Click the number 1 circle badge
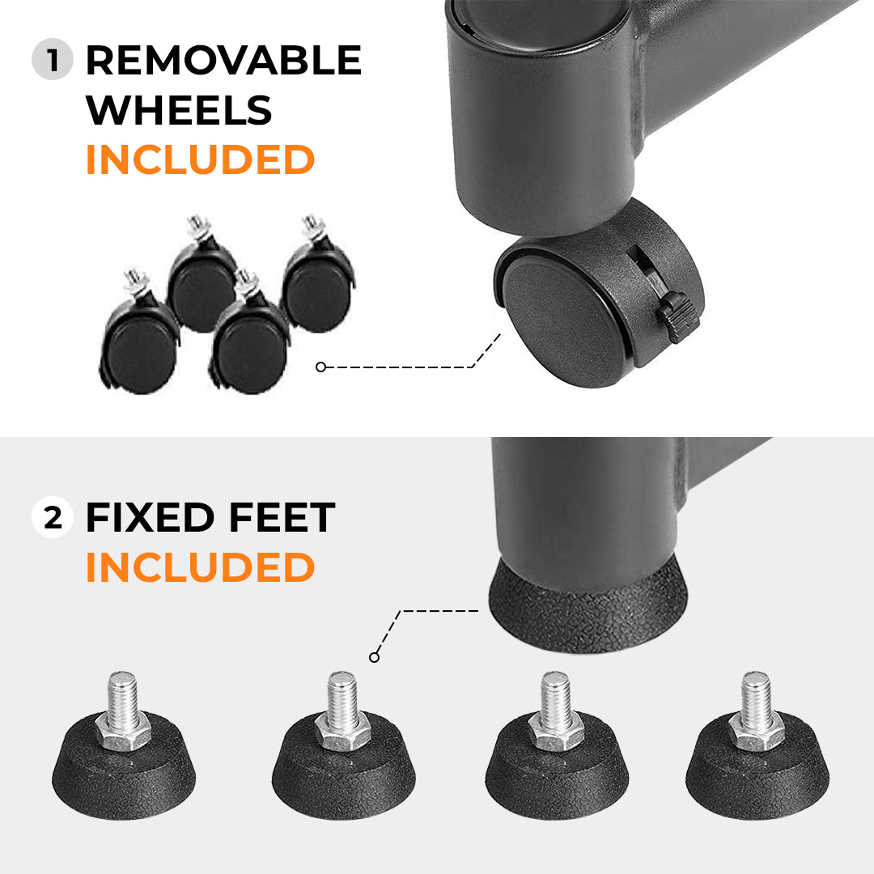click(53, 61)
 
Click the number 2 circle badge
click(53, 519)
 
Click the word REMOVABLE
click(223, 61)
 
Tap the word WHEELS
click(179, 110)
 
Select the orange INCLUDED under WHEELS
click(200, 159)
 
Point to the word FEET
click(280, 519)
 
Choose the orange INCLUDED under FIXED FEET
click(200, 567)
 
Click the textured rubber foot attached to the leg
click(588, 607)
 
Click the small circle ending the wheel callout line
click(320, 367)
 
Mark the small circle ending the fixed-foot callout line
click(374, 657)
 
